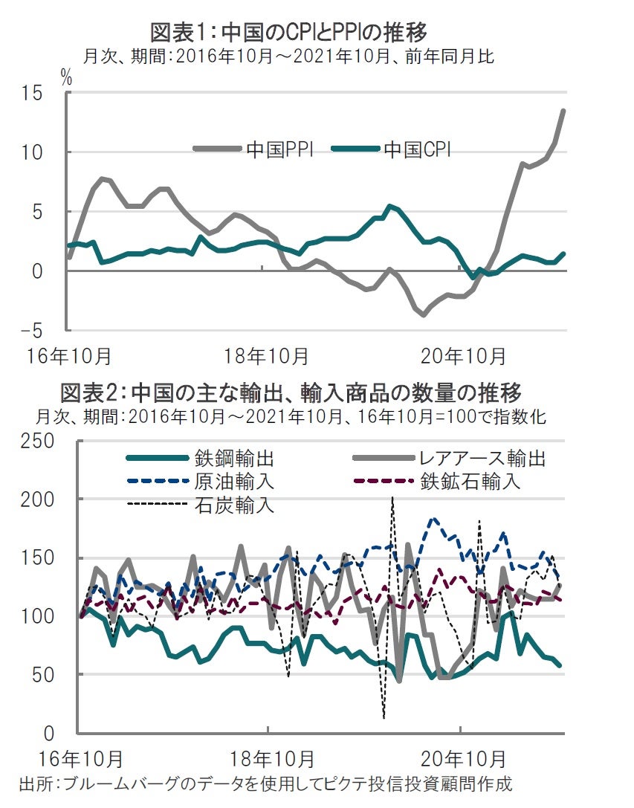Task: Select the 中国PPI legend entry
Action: pyautogui.click(x=279, y=149)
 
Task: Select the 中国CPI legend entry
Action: pyautogui.click(x=417, y=149)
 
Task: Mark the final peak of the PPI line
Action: pyautogui.click(x=563, y=111)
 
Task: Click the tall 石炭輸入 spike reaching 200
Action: pyautogui.click(x=392, y=500)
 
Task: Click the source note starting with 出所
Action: pyautogui.click(x=265, y=783)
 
